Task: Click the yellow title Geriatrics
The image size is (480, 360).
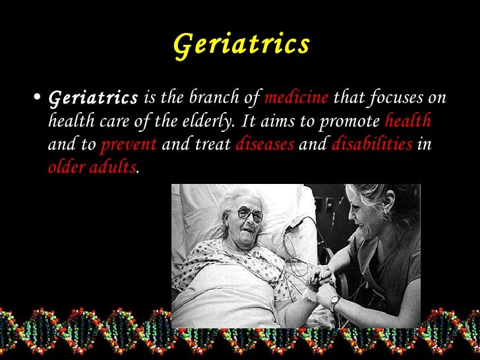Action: tap(241, 44)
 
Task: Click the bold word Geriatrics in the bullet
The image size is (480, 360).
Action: tap(94, 99)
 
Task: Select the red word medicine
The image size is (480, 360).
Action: tap(296, 98)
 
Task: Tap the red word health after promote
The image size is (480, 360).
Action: tap(407, 122)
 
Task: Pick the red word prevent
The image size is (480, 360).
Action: tap(128, 145)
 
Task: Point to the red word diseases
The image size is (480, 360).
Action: tap(264, 145)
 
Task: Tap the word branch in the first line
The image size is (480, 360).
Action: tap(206, 98)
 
